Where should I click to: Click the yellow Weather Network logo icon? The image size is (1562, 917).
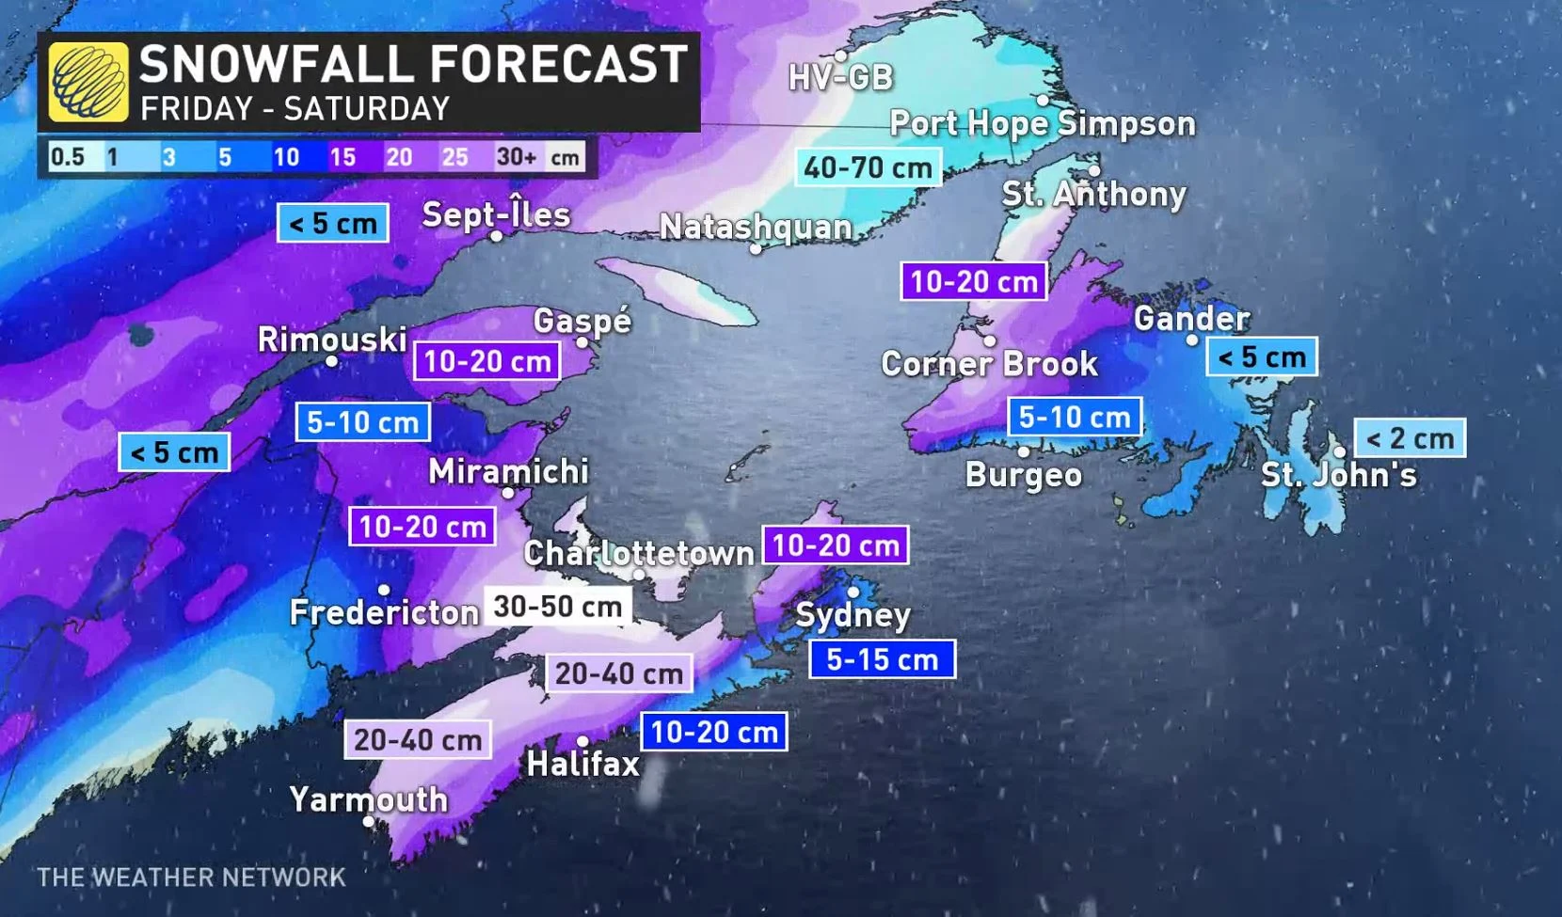click(x=88, y=82)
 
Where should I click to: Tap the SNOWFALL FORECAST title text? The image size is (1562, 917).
click(x=413, y=65)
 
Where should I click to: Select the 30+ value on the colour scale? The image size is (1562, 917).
click(x=516, y=156)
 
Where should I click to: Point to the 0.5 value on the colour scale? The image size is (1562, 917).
click(x=67, y=156)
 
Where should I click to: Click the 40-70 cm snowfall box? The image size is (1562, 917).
click(x=868, y=167)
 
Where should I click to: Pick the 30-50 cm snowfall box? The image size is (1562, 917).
click(x=557, y=607)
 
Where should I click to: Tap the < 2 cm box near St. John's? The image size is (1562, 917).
click(x=1410, y=438)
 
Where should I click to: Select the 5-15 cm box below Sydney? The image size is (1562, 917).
click(x=882, y=659)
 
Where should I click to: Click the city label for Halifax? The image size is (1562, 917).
click(x=583, y=764)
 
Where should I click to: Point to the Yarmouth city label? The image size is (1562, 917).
click(x=369, y=799)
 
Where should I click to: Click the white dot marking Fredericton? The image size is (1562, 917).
click(x=384, y=590)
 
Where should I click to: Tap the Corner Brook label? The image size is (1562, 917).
click(x=989, y=364)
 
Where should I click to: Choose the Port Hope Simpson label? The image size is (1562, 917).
click(x=1043, y=123)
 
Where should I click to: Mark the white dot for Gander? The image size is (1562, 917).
click(x=1192, y=340)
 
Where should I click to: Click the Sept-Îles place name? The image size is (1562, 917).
click(x=496, y=214)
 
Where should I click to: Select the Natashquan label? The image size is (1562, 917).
click(x=756, y=227)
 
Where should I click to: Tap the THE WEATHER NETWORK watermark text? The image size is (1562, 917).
click(x=191, y=877)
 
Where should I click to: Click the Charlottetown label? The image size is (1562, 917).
click(x=639, y=553)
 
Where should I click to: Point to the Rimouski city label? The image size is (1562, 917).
click(x=332, y=340)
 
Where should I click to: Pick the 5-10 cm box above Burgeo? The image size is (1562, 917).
click(x=1075, y=417)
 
